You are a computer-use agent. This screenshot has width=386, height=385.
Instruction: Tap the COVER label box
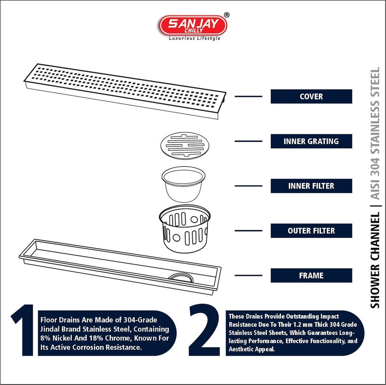[311, 96]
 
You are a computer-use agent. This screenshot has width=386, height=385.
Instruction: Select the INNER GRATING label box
[311, 141]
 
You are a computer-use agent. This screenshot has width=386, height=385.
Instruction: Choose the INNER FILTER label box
[311, 186]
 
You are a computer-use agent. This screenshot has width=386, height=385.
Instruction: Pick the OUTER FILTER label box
[311, 231]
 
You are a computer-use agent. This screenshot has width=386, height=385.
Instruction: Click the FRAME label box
[311, 276]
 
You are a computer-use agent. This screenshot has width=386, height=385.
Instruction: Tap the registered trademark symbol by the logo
[227, 15]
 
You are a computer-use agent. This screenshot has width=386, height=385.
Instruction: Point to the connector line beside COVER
[248, 96]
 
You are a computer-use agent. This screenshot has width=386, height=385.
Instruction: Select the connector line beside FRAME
[248, 276]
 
